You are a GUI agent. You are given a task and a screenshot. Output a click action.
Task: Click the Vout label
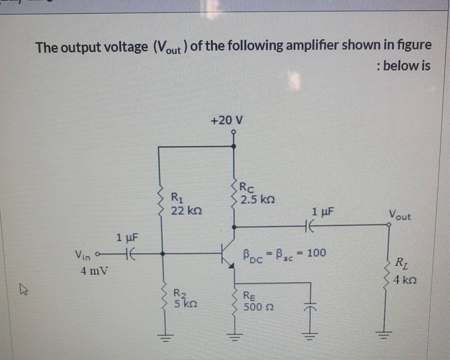click(x=400, y=215)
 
